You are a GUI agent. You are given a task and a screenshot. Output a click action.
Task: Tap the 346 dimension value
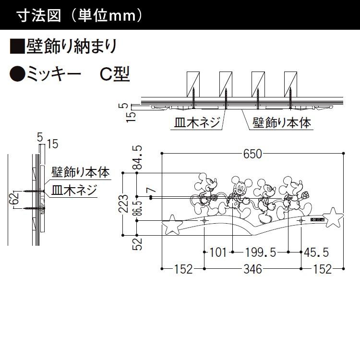coord(252,269)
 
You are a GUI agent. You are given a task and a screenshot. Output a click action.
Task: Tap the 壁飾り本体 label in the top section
coord(282,123)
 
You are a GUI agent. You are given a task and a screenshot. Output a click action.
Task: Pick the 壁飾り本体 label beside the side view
coord(80,171)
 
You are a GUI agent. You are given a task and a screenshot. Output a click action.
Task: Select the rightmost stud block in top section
coord(291,84)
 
